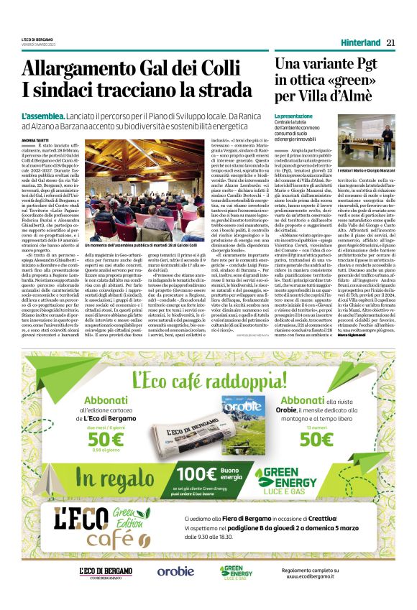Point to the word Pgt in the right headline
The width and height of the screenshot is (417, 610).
pyautogui.click(x=375, y=65)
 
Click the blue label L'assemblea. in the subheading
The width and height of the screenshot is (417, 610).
pyautogui.click(x=45, y=116)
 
